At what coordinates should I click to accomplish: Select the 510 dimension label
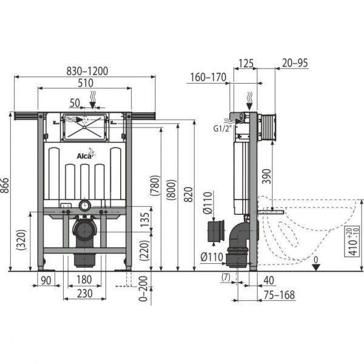point(84,83)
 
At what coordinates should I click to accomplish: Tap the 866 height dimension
point(6,192)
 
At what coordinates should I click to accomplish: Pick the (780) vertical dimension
point(156,189)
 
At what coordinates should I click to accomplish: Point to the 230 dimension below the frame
point(84,292)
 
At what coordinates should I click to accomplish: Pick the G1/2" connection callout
point(221,127)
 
